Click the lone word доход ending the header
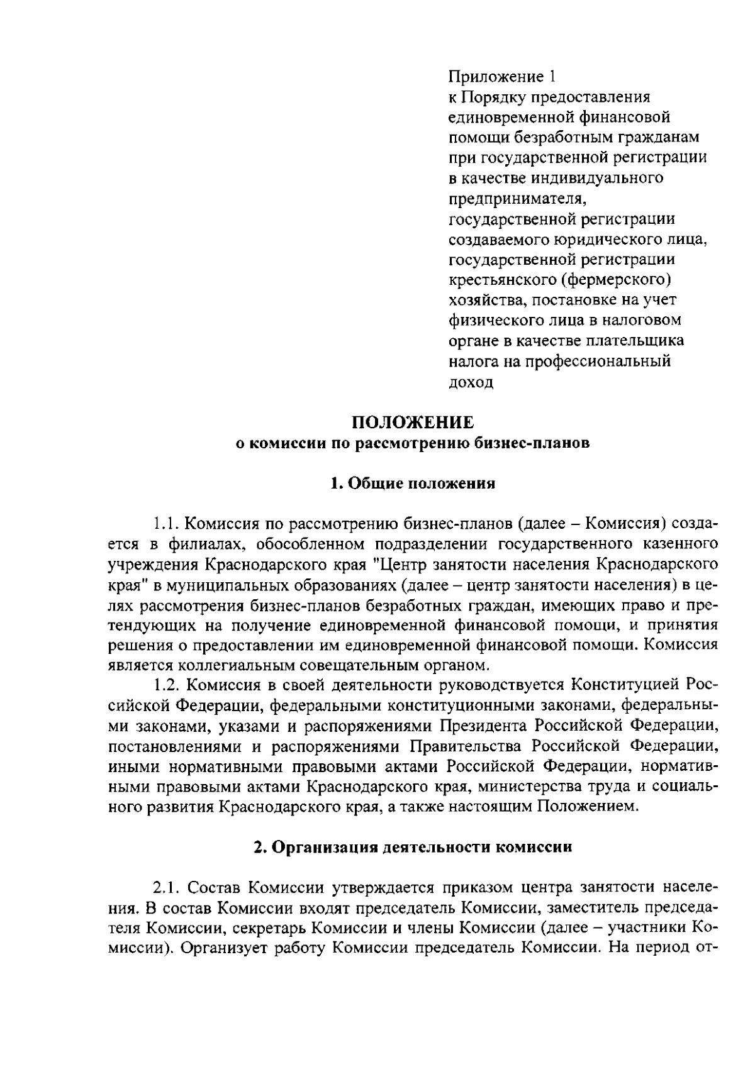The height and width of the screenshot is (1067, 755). click(471, 382)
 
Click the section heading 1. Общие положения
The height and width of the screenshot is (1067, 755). click(413, 484)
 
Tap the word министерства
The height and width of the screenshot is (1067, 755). click(546, 787)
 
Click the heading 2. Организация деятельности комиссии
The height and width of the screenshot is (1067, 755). click(413, 847)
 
